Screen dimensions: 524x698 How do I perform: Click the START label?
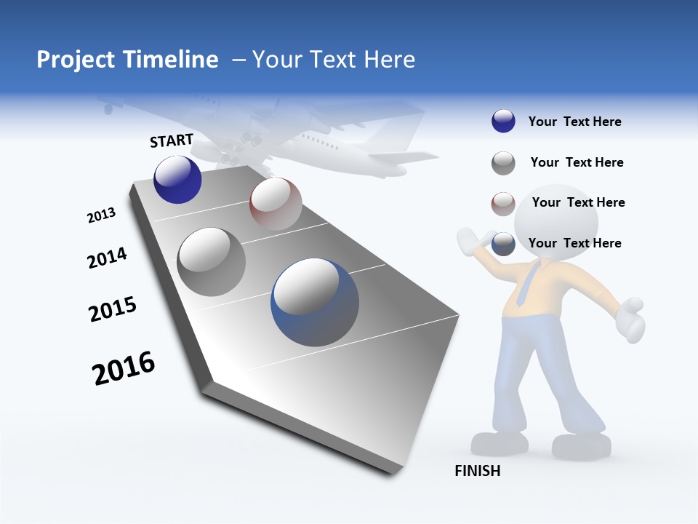click(172, 140)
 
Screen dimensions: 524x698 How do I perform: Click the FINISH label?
click(478, 471)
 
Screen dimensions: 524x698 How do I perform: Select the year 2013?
click(101, 215)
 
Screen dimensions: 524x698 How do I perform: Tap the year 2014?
click(107, 258)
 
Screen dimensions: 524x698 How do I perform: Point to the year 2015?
click(112, 309)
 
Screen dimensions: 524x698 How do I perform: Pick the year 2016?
click(124, 368)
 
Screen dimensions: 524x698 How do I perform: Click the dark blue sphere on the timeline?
click(177, 180)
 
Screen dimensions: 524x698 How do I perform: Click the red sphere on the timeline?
click(276, 204)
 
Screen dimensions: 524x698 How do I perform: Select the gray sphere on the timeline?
click(211, 262)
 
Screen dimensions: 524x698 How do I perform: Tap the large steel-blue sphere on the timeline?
click(315, 302)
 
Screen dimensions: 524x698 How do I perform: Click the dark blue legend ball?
click(503, 122)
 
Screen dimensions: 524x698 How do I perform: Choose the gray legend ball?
click(503, 163)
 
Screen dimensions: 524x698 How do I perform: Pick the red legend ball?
click(503, 204)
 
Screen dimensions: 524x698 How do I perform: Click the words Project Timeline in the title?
click(127, 60)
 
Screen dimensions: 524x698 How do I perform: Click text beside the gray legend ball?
click(577, 162)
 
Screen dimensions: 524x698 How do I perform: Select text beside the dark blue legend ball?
click(574, 122)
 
